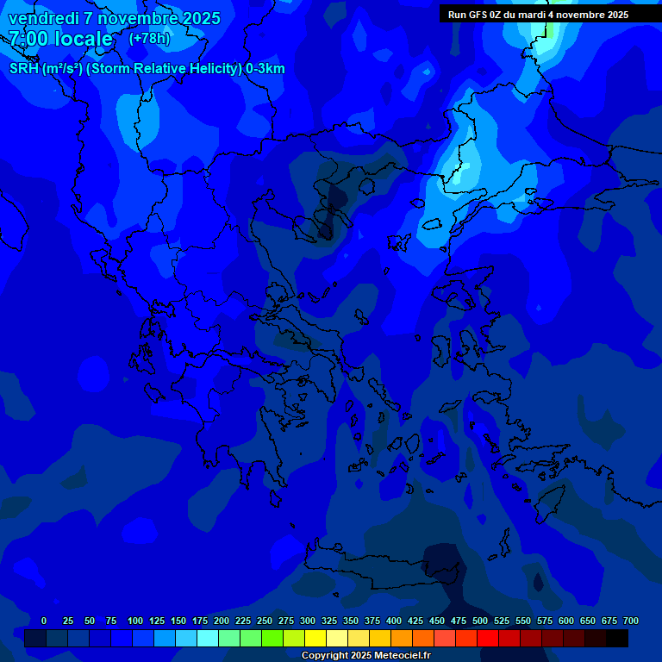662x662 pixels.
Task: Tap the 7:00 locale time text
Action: tap(60, 39)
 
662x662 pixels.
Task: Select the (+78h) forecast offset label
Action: tap(149, 39)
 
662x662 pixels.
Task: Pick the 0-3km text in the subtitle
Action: tap(265, 69)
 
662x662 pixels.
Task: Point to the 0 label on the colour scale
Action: tap(44, 621)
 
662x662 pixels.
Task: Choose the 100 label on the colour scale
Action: tap(135, 621)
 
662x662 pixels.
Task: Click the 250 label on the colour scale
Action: tap(265, 621)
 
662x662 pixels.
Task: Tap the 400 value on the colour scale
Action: tap(394, 621)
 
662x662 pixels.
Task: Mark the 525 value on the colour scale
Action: tap(502, 621)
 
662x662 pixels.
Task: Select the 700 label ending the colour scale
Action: tap(631, 621)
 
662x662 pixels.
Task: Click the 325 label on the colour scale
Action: tap(329, 621)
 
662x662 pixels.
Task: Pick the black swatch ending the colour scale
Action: tap(617, 638)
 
